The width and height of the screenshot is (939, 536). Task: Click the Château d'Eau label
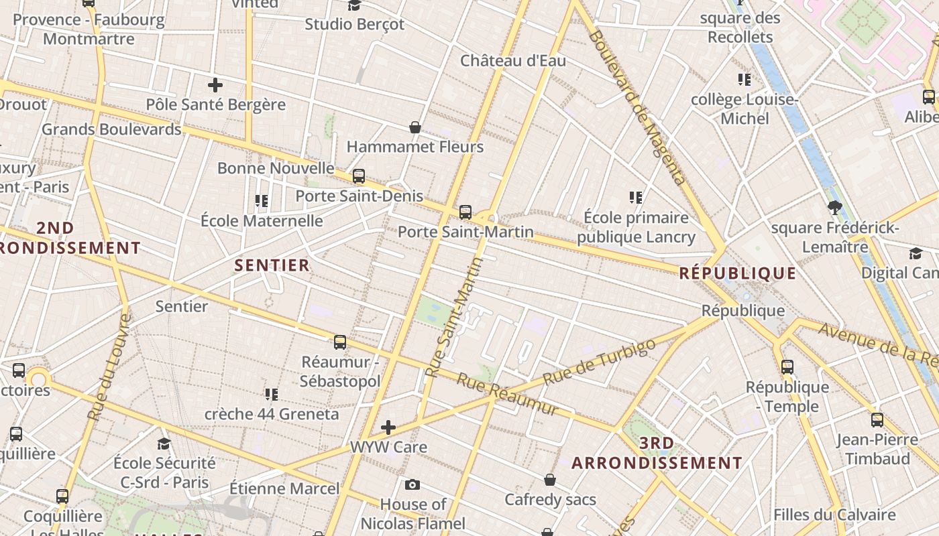(513, 61)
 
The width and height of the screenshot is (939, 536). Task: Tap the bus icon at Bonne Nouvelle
(359, 176)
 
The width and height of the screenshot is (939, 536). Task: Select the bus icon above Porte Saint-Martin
(465, 212)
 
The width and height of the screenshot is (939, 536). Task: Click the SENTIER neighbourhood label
(272, 265)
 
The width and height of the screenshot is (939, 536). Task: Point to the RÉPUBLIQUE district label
(738, 273)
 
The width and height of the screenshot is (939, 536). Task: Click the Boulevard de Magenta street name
(637, 107)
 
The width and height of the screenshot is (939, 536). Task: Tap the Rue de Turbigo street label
(598, 362)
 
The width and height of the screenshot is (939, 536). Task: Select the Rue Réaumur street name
(508, 394)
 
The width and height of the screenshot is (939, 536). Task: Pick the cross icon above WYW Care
(388, 427)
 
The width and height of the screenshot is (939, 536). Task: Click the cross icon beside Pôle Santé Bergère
(215, 85)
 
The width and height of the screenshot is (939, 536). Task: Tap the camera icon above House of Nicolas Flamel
(412, 484)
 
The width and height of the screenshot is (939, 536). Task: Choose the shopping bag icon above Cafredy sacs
(550, 480)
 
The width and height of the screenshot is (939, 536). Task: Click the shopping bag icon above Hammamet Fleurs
(415, 127)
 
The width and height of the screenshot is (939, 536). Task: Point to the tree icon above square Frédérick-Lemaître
(834, 208)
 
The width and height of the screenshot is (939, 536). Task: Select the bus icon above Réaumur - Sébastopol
(340, 342)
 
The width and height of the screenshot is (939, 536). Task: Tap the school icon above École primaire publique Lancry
(636, 198)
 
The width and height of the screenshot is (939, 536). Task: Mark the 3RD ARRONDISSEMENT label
(657, 453)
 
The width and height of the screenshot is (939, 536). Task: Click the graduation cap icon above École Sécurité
(164, 444)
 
